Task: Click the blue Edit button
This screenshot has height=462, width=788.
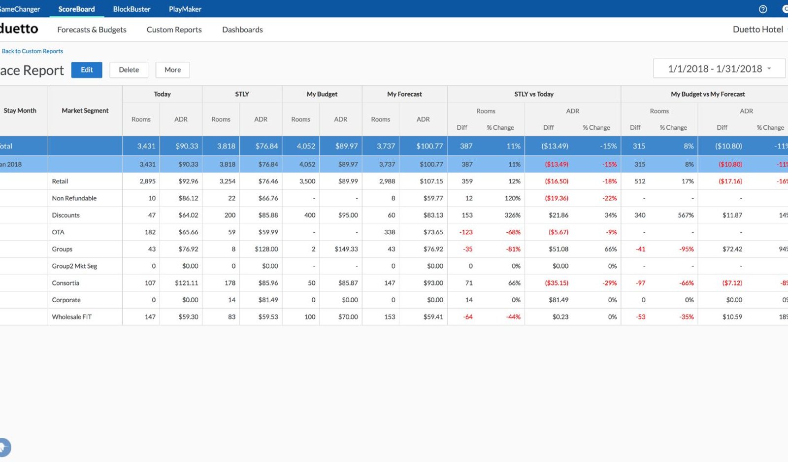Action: pos(87,70)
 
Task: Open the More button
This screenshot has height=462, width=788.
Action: pos(173,70)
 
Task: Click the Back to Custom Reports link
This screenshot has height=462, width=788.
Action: pos(33,51)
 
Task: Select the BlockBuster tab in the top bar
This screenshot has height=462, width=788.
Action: pos(131,9)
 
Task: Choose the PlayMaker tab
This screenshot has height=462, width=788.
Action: pos(185,9)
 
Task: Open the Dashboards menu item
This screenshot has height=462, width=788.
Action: pos(242,30)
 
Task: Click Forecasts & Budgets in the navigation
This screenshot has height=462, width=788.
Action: pos(92,30)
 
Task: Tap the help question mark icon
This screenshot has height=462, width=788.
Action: pos(763,9)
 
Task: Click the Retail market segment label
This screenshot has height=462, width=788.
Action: pos(60,181)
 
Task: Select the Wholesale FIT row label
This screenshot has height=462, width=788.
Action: pos(72,317)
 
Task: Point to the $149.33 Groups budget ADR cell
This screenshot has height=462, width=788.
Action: pos(346,249)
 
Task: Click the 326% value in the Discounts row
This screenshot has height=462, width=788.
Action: pos(512,215)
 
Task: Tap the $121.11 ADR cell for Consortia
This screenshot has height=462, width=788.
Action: pos(187,283)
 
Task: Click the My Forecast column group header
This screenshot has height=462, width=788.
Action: pos(404,94)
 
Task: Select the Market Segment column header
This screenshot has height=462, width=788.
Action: pos(85,110)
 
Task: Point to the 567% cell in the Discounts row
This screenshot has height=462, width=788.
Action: pos(686,215)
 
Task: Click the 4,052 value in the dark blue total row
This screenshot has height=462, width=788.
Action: pos(306,146)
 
